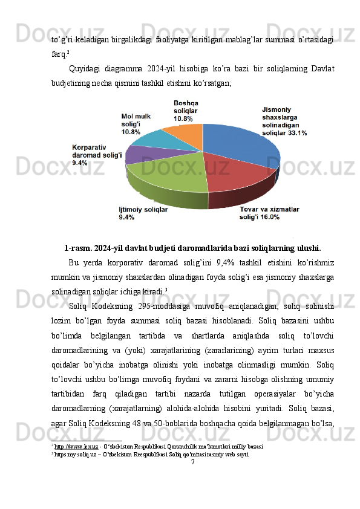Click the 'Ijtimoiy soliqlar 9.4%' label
tap(143, 212)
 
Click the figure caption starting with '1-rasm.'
tap(192, 247)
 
